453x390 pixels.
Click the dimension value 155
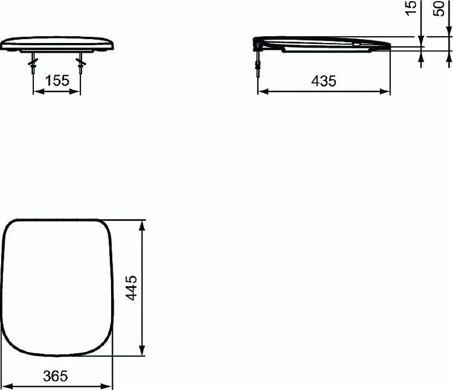point(57,80)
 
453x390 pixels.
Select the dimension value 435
point(323,81)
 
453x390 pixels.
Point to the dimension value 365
point(55,376)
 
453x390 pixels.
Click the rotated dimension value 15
point(411,8)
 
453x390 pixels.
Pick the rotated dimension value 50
point(438,8)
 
